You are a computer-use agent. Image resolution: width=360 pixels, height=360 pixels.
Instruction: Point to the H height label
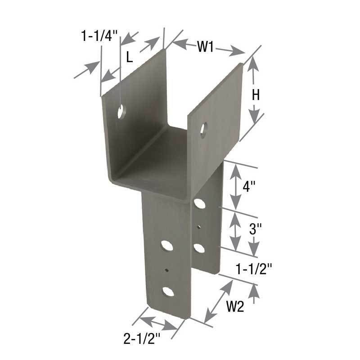pyautogui.click(x=256, y=95)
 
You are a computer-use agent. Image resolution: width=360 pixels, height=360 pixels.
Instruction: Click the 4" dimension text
pyautogui.click(x=249, y=186)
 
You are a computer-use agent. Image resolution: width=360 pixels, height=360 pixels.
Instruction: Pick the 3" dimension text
pyautogui.click(x=255, y=229)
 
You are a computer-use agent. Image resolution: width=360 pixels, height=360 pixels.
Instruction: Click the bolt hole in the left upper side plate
pyautogui.click(x=121, y=111)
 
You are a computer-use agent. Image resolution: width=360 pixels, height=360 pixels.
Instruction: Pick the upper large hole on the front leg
pyautogui.click(x=167, y=246)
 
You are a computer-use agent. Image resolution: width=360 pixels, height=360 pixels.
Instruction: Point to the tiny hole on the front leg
pyautogui.click(x=167, y=270)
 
